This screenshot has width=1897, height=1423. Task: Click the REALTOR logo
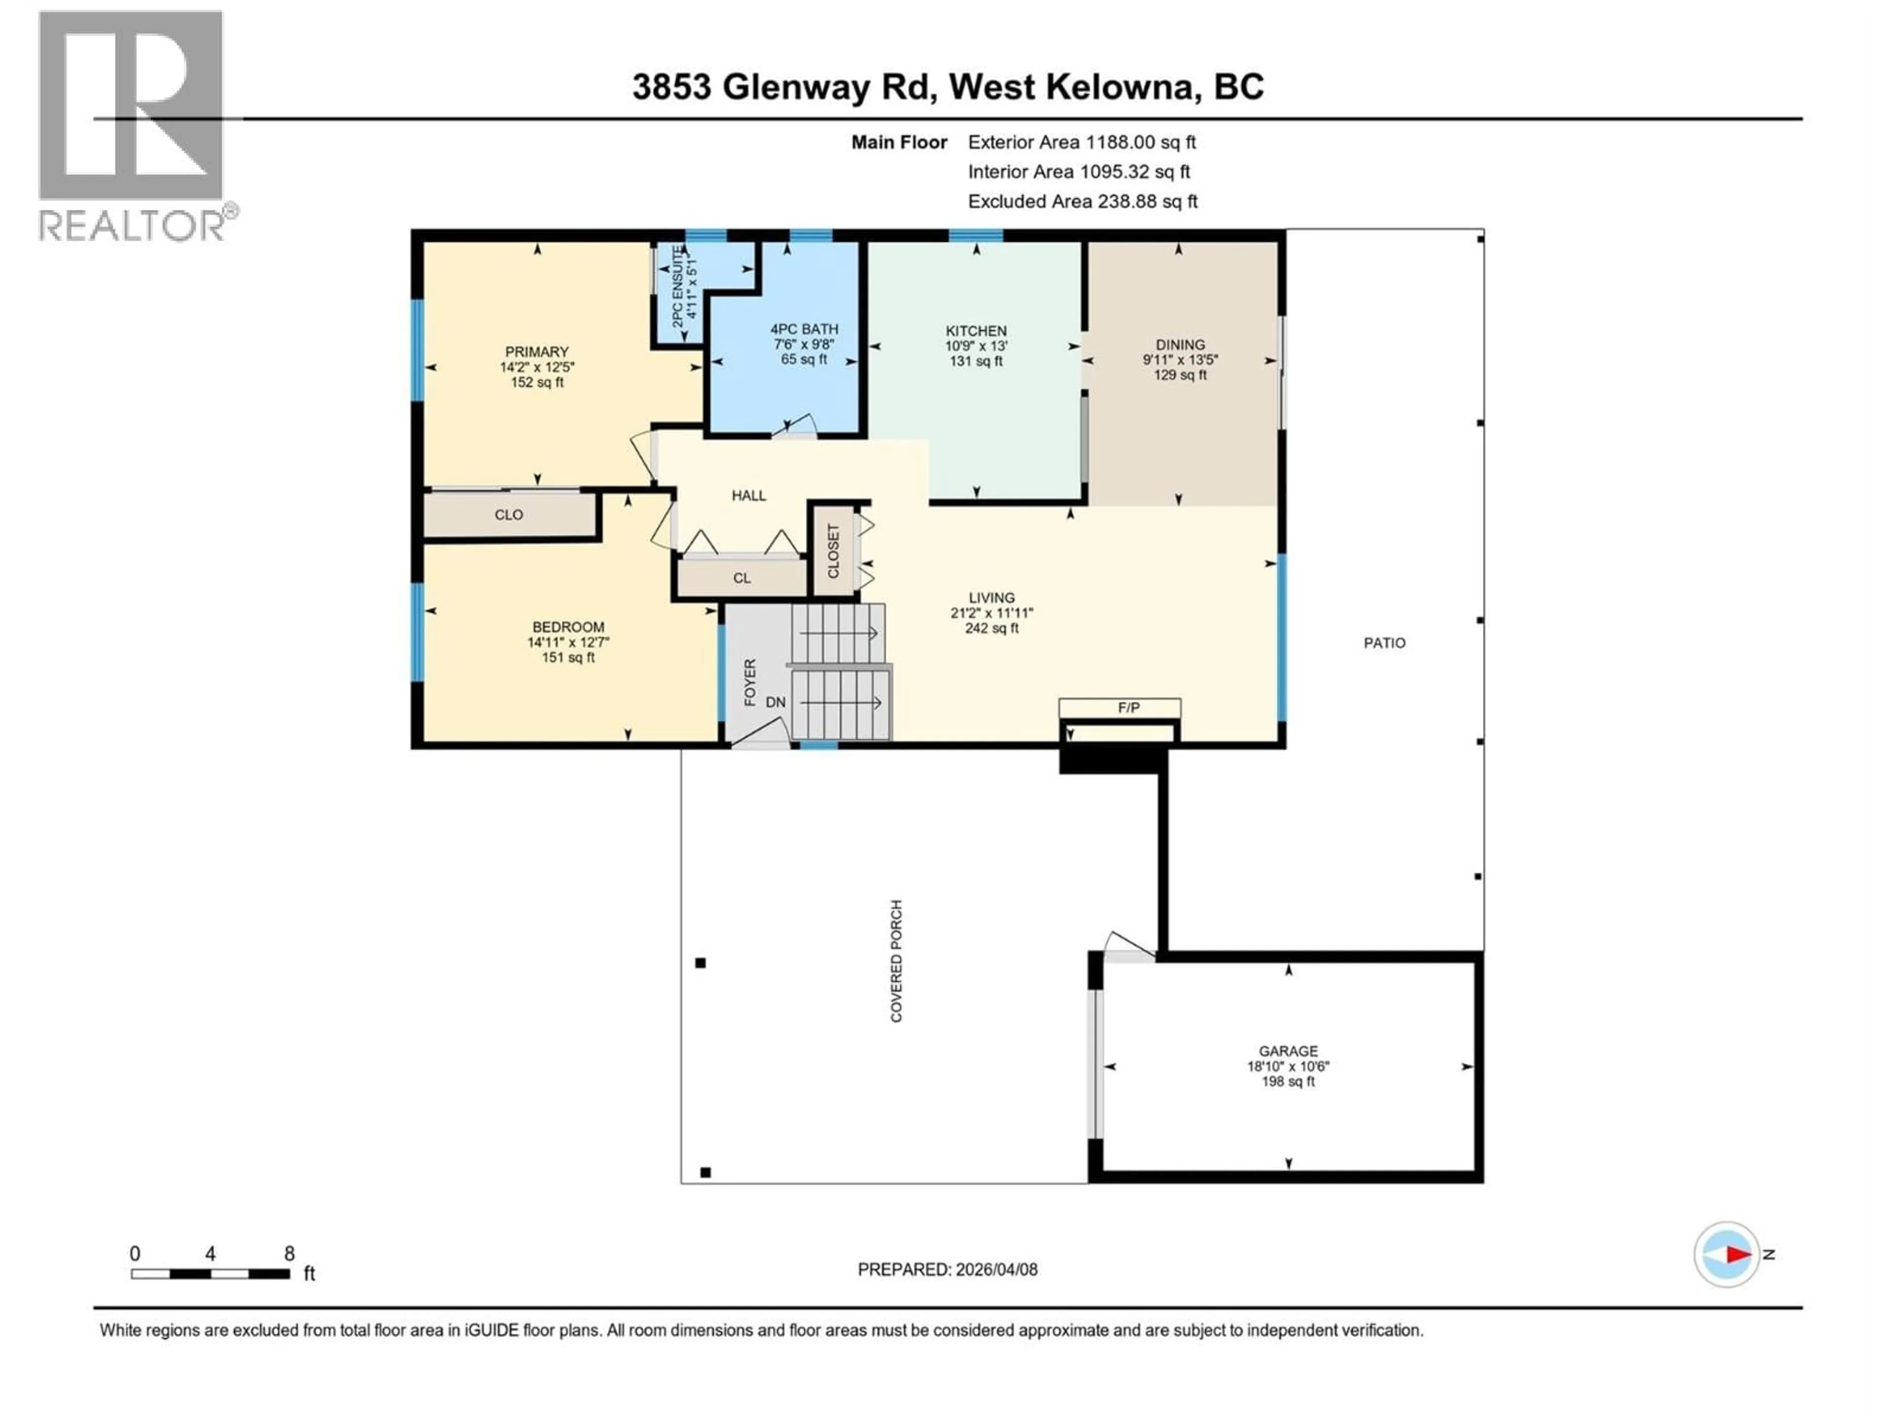tap(133, 125)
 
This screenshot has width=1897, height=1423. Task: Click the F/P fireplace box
tap(1119, 708)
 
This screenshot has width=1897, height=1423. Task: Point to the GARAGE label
tap(1288, 1051)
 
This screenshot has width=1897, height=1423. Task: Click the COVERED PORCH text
tap(896, 961)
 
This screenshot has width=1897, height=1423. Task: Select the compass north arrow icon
tap(1727, 1254)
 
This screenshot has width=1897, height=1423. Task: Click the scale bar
tap(210, 1274)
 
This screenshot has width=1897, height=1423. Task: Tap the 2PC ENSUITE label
tap(677, 286)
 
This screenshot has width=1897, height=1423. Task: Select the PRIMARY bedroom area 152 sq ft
tap(537, 382)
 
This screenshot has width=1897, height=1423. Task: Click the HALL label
tap(749, 496)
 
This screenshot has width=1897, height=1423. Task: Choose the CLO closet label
tap(508, 515)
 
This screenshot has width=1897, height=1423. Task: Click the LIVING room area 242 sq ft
tap(991, 628)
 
